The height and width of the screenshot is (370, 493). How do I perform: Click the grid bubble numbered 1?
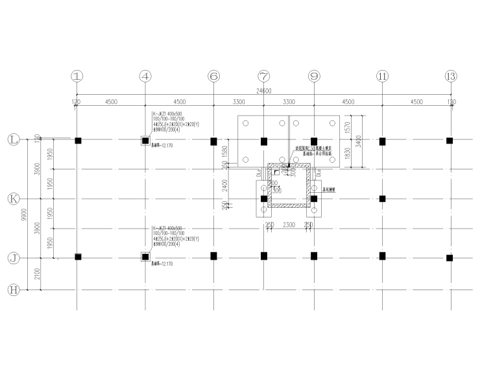pos(78,76)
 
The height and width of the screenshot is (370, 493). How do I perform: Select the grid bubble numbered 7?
pos(263,76)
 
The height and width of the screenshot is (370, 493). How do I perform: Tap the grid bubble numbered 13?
pos(450,76)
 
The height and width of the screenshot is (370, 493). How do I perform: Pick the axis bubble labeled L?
pos(12,140)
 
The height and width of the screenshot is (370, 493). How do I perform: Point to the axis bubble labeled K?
pos(12,199)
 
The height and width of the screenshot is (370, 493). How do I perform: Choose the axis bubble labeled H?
pos(12,290)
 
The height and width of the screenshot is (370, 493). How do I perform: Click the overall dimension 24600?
pos(263,91)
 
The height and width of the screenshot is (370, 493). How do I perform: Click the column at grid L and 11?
pos(383,141)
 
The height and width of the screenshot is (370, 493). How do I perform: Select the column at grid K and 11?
pos(383,199)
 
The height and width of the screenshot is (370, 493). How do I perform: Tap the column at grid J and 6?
pos(213,256)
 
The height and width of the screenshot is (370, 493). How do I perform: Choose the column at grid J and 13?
pos(450,258)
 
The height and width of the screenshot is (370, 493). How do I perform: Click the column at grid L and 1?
pos(78,141)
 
